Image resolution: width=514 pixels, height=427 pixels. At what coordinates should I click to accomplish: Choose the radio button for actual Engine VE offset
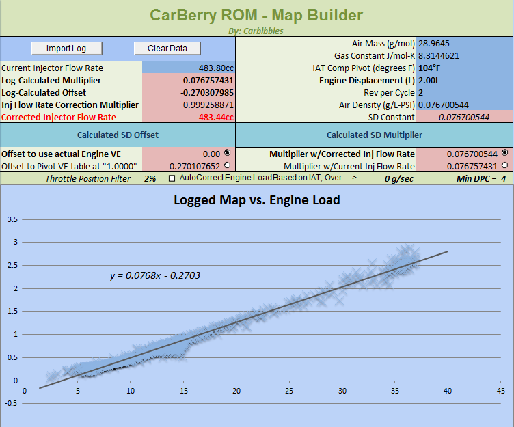pyautogui.click(x=227, y=154)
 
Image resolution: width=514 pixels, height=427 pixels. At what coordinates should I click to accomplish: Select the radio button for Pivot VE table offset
pyautogui.click(x=227, y=166)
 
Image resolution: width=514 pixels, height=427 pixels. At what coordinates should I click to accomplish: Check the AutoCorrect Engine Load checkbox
pyautogui.click(x=172, y=178)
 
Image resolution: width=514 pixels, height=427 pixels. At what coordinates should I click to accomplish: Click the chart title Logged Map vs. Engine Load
pyautogui.click(x=256, y=201)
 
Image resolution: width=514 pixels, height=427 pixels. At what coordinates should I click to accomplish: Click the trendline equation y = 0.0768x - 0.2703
pyautogui.click(x=154, y=276)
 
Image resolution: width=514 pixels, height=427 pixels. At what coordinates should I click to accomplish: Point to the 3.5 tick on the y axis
pyautogui.click(x=12, y=220)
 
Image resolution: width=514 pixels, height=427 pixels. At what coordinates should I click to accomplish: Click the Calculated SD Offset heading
pyautogui.click(x=118, y=135)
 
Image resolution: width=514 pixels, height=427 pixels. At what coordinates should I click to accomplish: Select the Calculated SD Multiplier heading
pyautogui.click(x=374, y=135)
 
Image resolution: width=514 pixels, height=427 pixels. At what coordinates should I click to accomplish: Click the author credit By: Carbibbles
pyautogui.click(x=256, y=31)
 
